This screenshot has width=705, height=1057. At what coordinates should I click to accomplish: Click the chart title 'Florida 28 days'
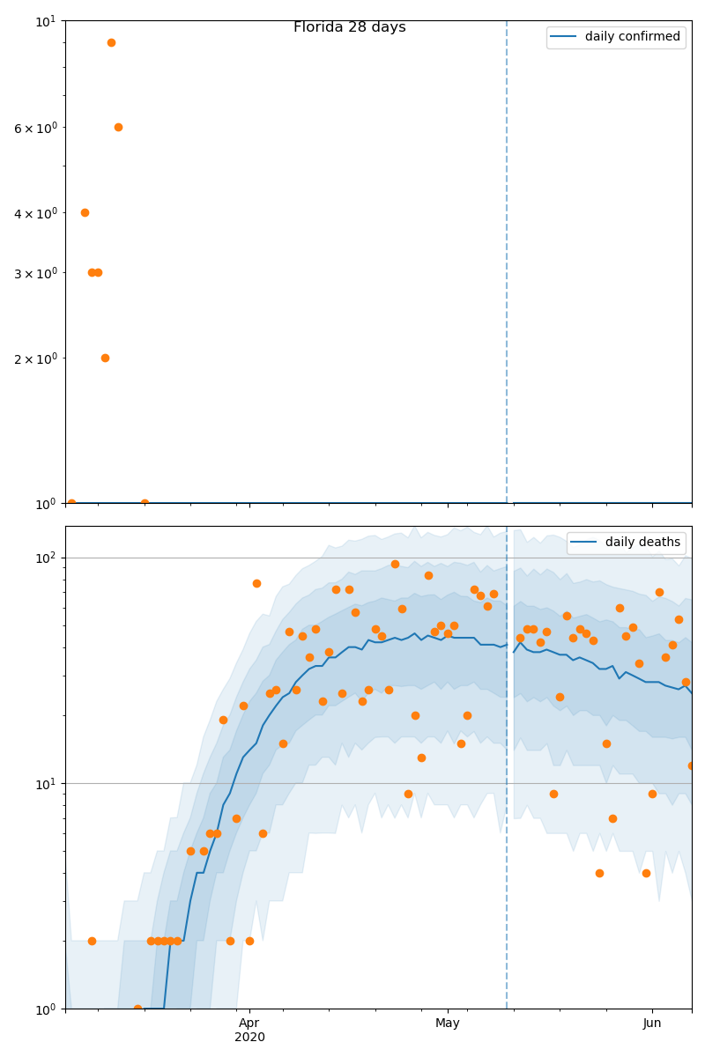pos(349,27)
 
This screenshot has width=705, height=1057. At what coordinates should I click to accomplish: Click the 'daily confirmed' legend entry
pos(632,37)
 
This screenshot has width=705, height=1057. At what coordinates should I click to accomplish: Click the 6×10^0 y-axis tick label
pos(35,128)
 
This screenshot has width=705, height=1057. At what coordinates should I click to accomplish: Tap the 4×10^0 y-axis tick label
pos(35,213)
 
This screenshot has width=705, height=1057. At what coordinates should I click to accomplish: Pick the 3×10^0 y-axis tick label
pos(35,273)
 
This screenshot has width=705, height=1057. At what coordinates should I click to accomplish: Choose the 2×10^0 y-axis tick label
pos(35,358)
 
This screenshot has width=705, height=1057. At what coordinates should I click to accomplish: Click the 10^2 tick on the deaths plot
pos(47,558)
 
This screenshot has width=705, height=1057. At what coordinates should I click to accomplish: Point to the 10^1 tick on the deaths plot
pos(47,784)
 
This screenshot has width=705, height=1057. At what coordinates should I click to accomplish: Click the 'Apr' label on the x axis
pos(249,1023)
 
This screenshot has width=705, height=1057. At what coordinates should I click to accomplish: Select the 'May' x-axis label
pos(448,1023)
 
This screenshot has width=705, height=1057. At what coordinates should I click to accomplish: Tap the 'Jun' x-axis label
pos(652,1023)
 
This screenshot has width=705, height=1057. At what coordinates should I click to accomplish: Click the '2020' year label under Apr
pos(249,1037)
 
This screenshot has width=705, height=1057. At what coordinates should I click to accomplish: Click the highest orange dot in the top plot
pos(111,42)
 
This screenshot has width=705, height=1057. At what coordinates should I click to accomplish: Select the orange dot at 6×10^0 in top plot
pos(118,127)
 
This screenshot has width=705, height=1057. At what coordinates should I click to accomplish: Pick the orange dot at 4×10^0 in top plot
pos(85,212)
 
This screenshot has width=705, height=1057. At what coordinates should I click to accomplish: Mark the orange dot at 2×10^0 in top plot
pos(105,358)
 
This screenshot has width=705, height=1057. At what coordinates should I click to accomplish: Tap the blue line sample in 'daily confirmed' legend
pos(565,37)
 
